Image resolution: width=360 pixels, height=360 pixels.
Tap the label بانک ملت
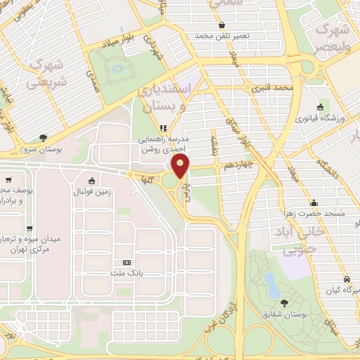click(126, 271)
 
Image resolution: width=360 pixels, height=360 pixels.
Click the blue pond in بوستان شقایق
click(269, 283)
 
